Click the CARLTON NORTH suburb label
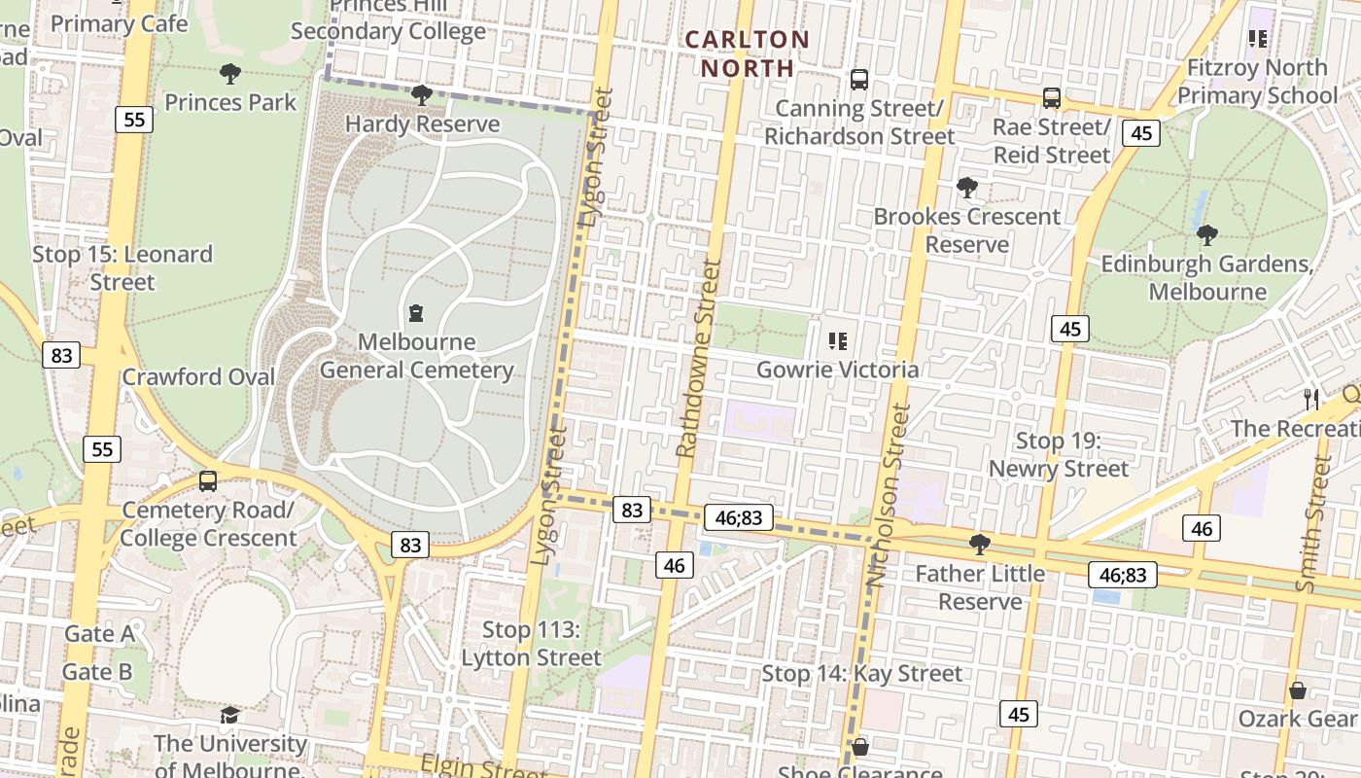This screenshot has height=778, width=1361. click(746, 53)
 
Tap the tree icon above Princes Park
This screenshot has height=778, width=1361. click(230, 74)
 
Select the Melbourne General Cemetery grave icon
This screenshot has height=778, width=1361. click(416, 313)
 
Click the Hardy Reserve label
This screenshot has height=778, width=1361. click(422, 124)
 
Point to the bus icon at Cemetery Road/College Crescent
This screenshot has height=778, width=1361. click(207, 481)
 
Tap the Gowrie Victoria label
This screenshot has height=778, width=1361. click(837, 370)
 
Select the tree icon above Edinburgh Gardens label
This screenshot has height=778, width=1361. click(1206, 234)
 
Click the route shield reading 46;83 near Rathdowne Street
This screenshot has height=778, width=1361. click(739, 518)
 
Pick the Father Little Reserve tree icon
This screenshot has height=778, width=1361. click(980, 545)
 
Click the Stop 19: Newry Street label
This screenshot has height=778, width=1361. click(1058, 455)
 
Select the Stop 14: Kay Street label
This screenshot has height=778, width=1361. click(861, 673)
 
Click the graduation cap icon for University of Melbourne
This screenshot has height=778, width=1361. click(229, 716)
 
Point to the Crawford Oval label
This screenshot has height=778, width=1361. click(198, 377)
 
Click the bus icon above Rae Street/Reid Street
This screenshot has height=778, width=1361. click(1051, 98)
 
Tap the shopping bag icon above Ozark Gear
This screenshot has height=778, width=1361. click(1297, 691)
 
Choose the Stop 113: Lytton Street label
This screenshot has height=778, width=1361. click(531, 644)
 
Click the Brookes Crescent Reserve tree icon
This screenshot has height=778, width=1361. click(966, 187)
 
